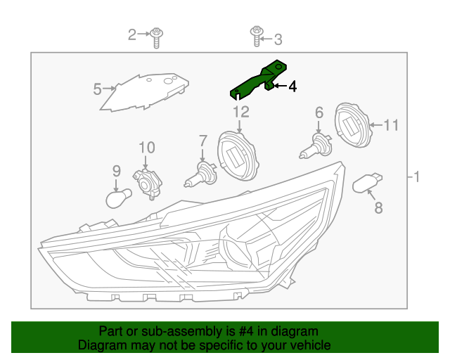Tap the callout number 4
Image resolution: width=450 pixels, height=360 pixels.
tap(292, 86)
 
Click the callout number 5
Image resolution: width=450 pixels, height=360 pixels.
tap(98, 89)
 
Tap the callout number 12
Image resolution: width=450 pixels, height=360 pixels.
tap(240, 111)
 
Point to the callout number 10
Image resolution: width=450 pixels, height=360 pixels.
tap(146, 147)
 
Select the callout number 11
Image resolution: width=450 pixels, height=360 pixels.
tap(391, 125)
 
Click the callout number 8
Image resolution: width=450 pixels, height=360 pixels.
tap(378, 207)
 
